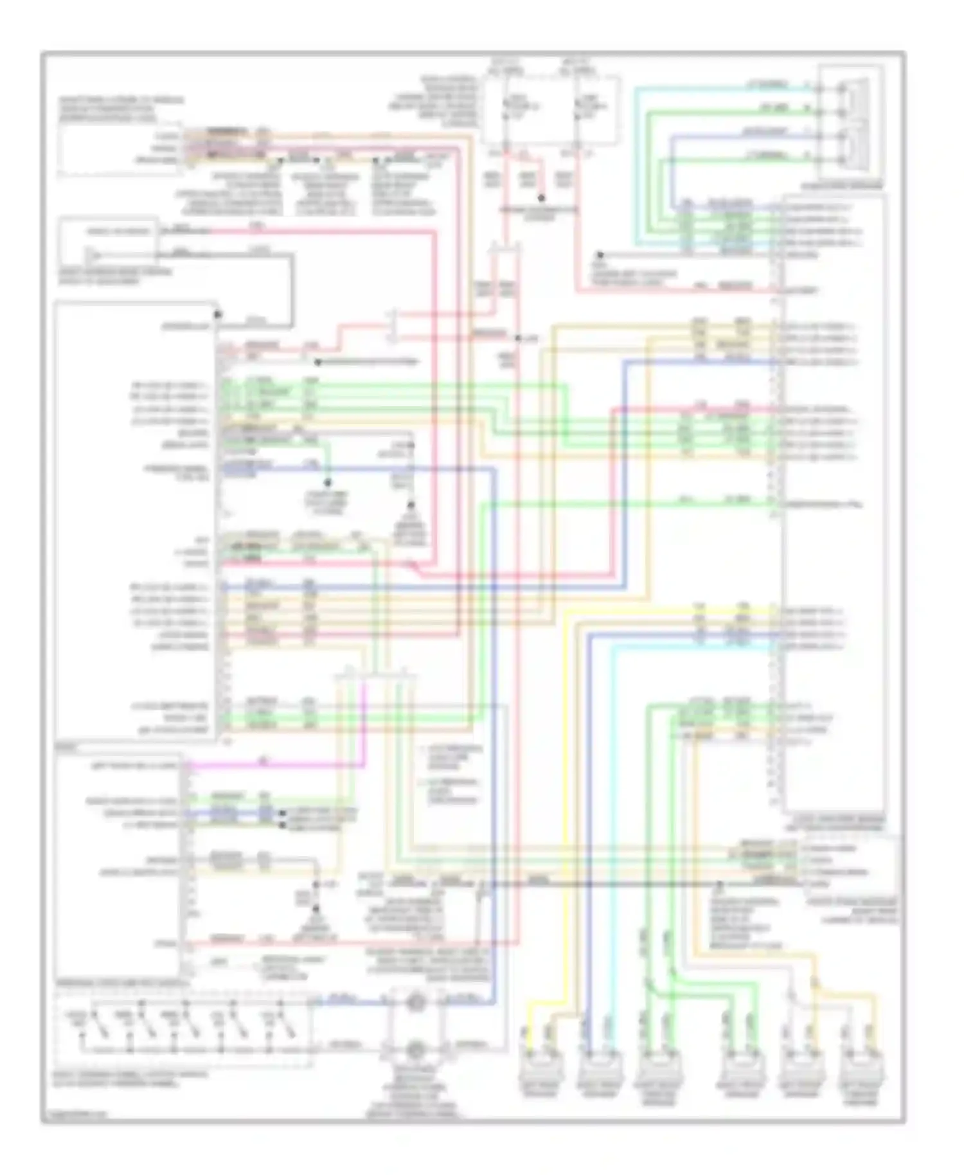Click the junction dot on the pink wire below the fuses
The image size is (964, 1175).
[x=541, y=198]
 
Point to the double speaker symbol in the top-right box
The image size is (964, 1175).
[x=855, y=122]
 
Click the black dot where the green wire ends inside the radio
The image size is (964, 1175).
[x=327, y=482]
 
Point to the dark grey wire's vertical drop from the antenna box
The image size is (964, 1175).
[x=291, y=289]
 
